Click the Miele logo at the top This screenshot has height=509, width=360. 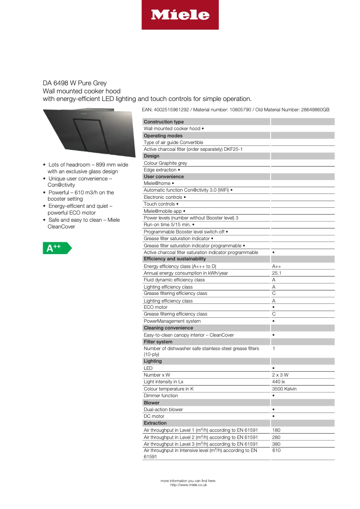coord(180,15)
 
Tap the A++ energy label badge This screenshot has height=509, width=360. coord(57,248)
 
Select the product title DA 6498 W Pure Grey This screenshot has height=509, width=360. coord(75,83)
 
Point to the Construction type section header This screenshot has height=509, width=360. coord(163,122)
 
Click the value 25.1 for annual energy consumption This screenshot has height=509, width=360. coord(277,273)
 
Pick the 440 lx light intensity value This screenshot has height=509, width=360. coord(278,382)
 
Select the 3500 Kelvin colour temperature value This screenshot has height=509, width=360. coord(284,389)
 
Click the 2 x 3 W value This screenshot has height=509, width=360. coord(280,375)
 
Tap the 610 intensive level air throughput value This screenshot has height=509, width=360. coord(276,450)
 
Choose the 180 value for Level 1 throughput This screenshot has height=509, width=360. coord(276,430)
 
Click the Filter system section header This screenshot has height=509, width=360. coord(158,342)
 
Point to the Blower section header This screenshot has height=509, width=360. coord(151,403)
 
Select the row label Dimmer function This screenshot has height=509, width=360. coord(161,395)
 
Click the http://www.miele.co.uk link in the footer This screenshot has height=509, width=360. coord(189,485)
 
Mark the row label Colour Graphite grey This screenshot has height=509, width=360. coord(165,163)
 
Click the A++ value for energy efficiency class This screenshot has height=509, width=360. coord(277,266)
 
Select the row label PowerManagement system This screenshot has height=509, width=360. coord(172,321)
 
